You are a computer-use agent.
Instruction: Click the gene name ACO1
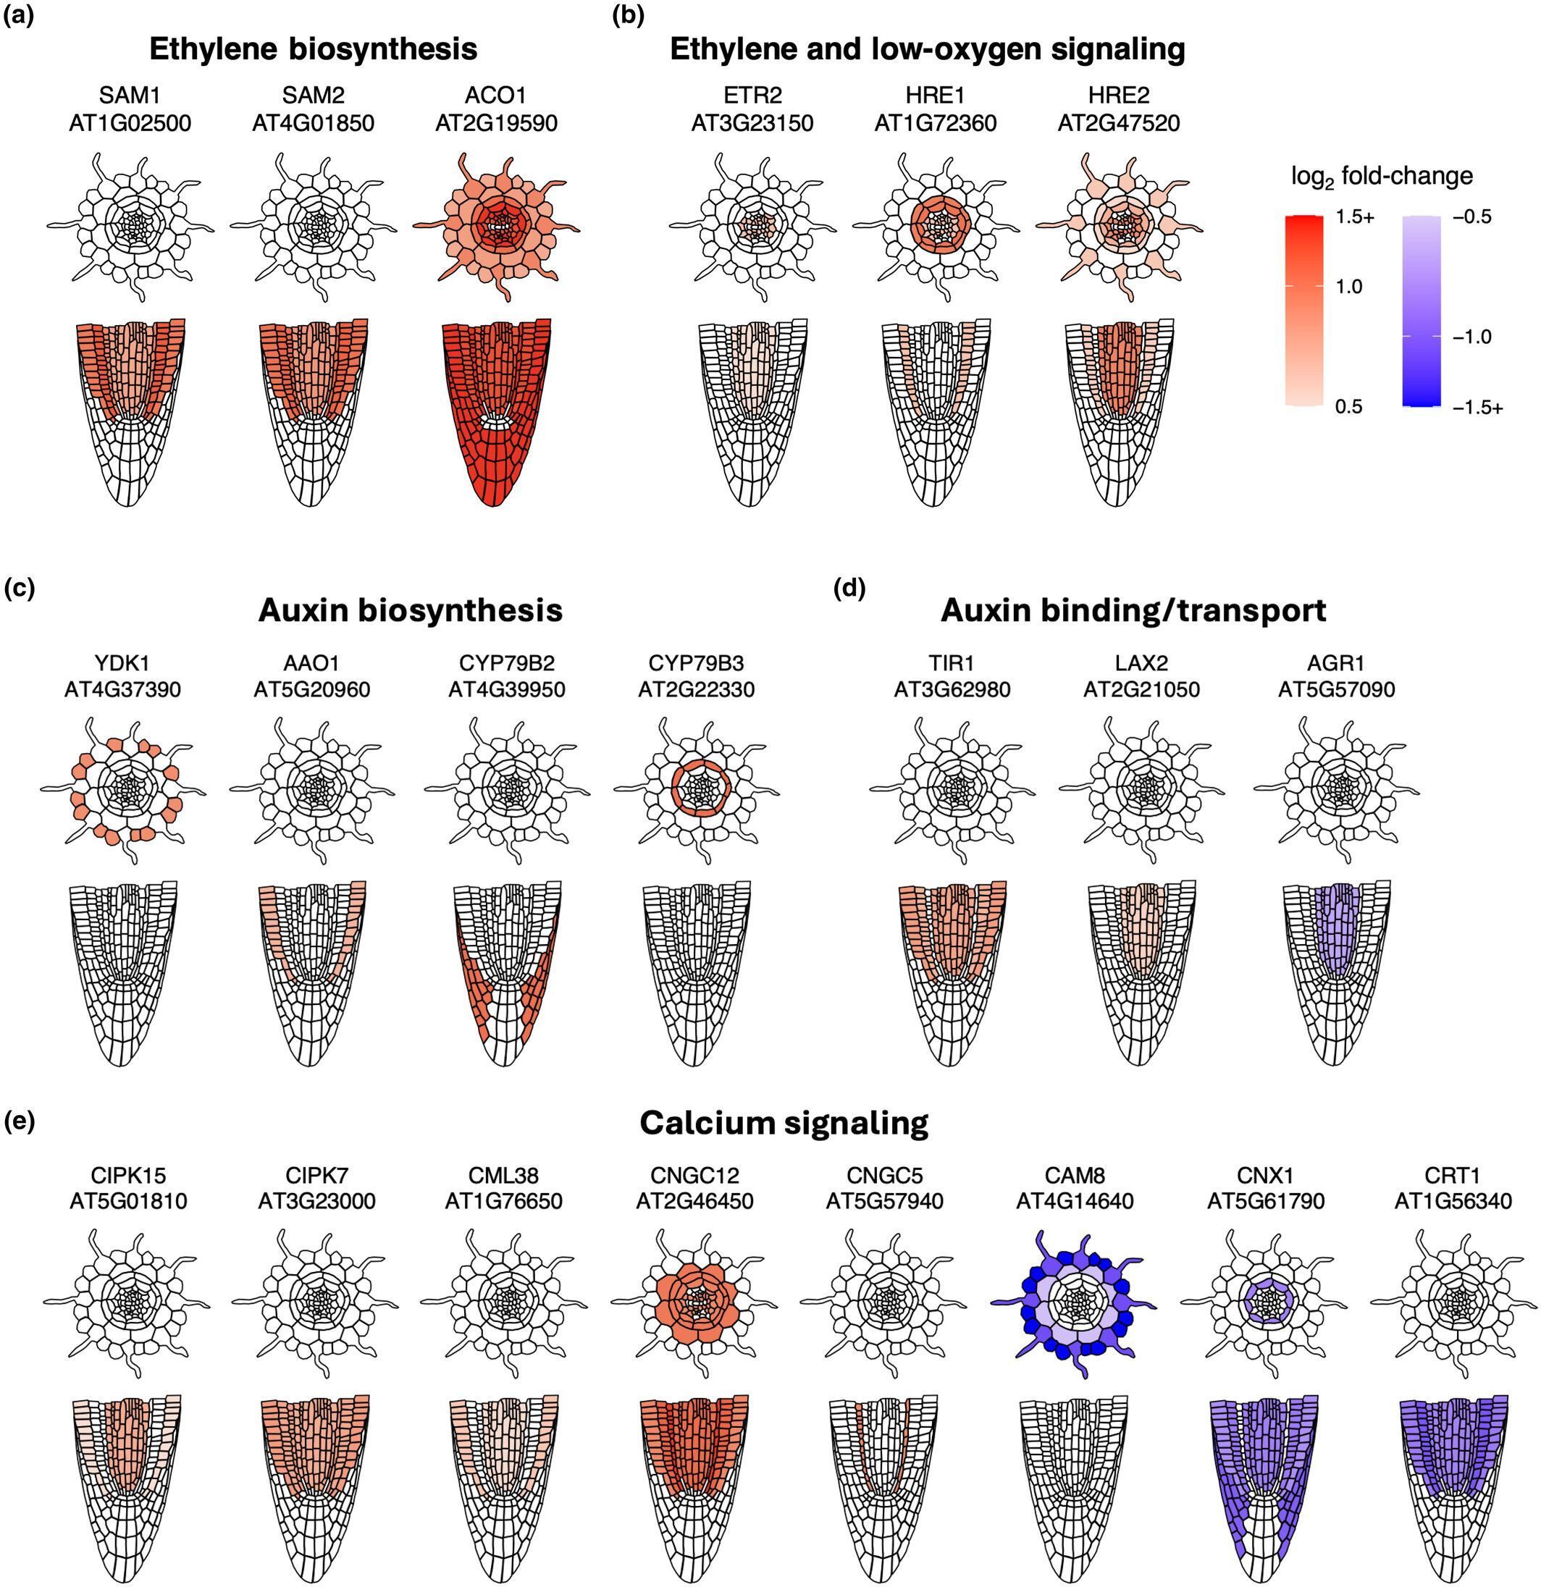[x=495, y=96]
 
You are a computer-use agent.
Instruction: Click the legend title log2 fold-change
[x=1382, y=177]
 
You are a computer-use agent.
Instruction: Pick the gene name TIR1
[x=952, y=663]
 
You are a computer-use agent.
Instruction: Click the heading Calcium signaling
[x=783, y=1123]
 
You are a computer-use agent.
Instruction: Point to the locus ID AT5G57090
[x=1336, y=690]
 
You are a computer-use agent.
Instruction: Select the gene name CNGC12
[x=694, y=1175]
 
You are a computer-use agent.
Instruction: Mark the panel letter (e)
[x=20, y=1123]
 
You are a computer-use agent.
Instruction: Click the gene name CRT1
[x=1452, y=1175]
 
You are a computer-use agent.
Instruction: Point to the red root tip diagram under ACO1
[x=495, y=413]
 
